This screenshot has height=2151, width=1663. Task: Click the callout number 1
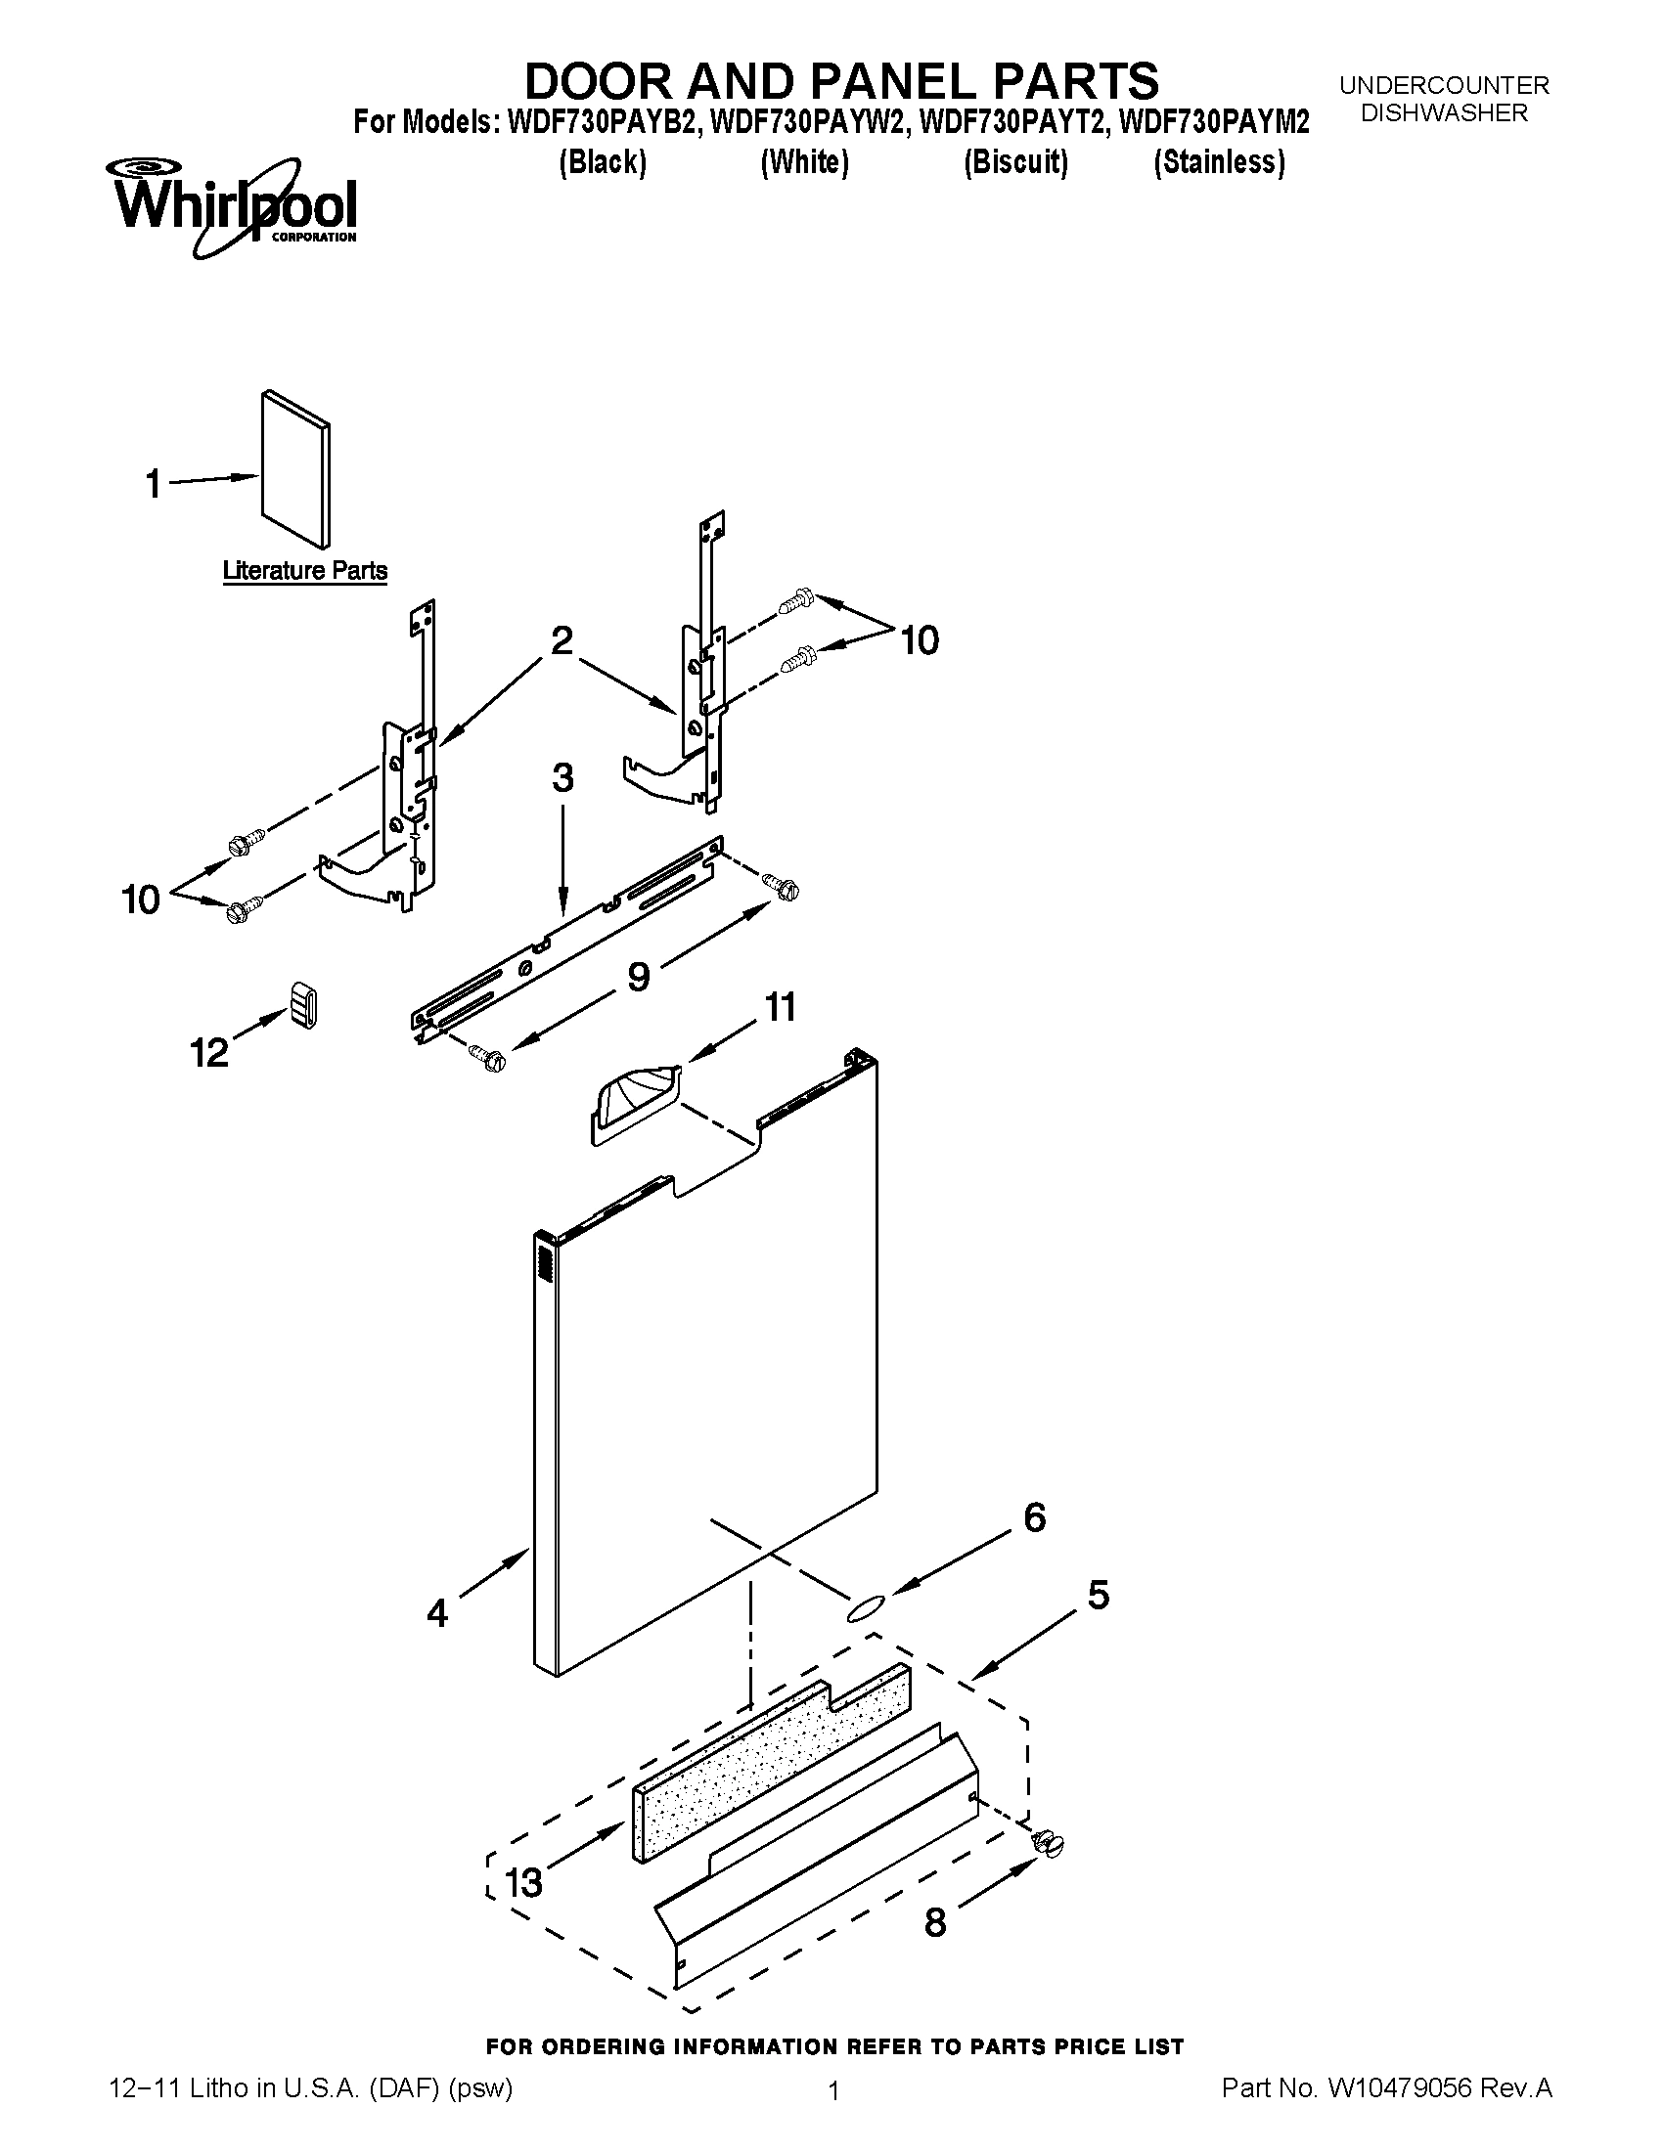click(154, 485)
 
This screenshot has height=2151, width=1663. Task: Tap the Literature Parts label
click(304, 570)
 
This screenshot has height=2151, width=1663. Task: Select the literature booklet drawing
click(295, 467)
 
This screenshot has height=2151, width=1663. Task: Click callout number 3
click(562, 778)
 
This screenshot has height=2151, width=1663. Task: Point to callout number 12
click(209, 1053)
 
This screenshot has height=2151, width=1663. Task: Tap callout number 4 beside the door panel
click(437, 1612)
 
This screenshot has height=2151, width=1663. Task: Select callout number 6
click(1033, 1517)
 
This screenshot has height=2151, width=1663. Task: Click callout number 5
click(1098, 1595)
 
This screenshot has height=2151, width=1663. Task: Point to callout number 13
click(523, 1883)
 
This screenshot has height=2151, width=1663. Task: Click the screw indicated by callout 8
click(1051, 1841)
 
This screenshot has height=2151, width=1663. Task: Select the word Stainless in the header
click(1219, 161)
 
